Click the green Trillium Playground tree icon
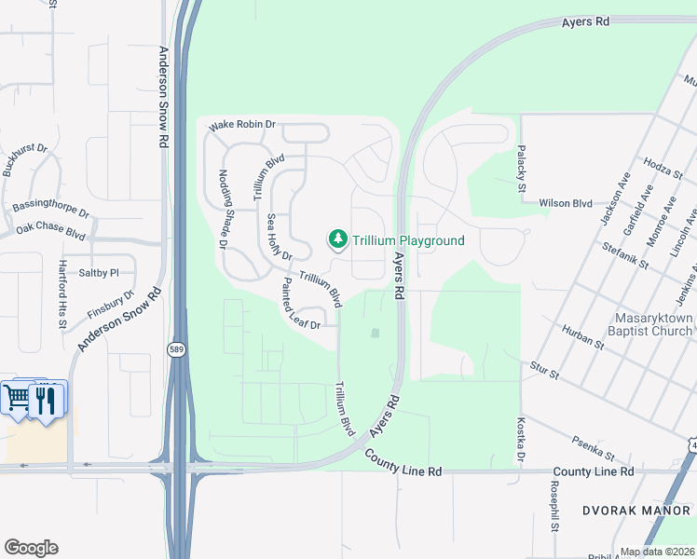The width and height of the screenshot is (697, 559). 337,240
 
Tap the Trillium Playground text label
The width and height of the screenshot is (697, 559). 408,240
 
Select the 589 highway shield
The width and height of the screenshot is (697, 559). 176,349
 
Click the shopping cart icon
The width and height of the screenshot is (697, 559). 17,398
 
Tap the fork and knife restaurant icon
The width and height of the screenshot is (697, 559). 46,400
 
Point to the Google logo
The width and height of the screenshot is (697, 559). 31,548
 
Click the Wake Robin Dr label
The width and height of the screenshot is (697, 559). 243,124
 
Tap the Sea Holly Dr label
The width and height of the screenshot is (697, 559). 279,238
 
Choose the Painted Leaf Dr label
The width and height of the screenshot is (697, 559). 300,305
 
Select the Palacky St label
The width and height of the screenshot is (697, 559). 523,168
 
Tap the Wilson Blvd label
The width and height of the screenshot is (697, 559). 566,202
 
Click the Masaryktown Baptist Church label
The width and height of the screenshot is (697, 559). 651,324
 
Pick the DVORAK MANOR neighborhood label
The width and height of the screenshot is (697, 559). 634,511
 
